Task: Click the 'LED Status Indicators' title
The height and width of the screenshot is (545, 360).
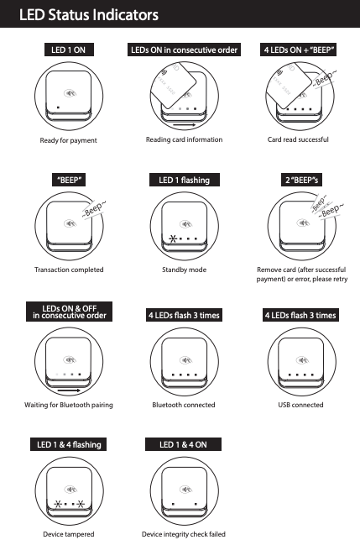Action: tap(89, 14)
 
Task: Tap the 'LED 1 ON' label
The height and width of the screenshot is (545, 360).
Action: tap(69, 50)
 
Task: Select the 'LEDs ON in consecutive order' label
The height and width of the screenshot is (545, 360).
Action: tap(184, 50)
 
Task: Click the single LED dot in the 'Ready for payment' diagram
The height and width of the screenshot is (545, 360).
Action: tap(58, 107)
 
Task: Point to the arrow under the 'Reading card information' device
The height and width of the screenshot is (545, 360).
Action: tap(184, 124)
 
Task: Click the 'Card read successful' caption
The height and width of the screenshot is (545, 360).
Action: tap(298, 139)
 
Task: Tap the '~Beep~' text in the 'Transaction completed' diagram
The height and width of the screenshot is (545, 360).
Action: tap(93, 209)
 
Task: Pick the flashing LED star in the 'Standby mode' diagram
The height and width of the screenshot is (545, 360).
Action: tap(173, 238)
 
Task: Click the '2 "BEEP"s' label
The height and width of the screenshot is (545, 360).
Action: tap(301, 180)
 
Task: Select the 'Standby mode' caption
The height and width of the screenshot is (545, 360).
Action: tap(184, 270)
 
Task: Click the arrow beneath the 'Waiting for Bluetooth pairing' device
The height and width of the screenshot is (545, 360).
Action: tap(69, 390)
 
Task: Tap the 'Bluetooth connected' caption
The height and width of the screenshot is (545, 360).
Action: tap(184, 405)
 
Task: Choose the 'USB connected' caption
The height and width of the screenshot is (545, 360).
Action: tap(300, 405)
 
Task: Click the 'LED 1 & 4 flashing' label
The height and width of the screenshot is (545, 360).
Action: tap(69, 444)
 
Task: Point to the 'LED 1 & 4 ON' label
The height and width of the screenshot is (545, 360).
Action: tap(183, 444)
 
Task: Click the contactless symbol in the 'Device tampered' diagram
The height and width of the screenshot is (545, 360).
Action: tap(70, 490)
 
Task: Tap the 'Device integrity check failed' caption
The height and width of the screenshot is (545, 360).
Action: tap(184, 534)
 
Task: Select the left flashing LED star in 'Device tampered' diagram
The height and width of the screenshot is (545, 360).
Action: tap(58, 504)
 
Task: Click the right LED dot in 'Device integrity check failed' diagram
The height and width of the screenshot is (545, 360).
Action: tap(196, 504)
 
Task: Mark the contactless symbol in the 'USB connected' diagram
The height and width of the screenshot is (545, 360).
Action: tap(302, 360)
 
